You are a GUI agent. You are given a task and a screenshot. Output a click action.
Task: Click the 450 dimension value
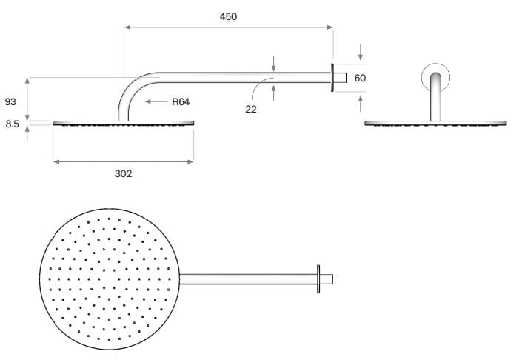228,16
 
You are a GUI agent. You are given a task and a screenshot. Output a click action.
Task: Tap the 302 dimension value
123,173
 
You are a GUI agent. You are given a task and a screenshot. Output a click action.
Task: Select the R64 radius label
181,101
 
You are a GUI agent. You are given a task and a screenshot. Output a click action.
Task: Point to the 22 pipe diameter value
251,109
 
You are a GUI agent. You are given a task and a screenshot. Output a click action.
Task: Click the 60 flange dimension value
361,78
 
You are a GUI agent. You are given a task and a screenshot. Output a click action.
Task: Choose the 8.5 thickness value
12,125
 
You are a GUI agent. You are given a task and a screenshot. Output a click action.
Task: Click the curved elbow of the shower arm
132,89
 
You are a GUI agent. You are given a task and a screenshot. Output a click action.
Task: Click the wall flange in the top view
320,279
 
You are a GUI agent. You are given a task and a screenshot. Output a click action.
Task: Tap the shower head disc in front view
435,123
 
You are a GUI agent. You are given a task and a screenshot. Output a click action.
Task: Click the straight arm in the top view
248,279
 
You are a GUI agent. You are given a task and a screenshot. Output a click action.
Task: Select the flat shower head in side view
123,123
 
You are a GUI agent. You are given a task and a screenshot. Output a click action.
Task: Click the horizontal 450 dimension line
228,27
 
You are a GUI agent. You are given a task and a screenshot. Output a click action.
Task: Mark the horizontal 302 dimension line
123,159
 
